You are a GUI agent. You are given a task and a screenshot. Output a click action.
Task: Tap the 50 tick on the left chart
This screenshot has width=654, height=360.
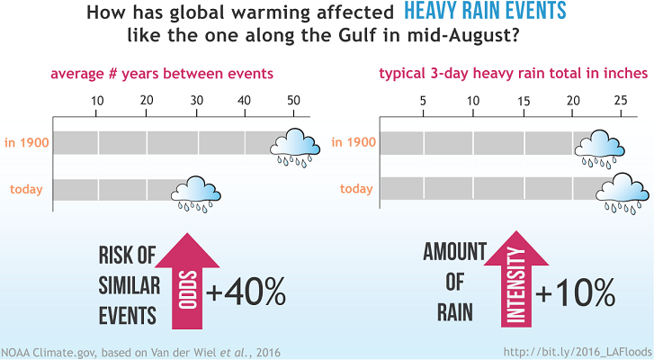(x=292, y=100)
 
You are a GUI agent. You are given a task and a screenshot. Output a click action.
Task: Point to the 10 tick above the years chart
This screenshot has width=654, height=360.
(x=98, y=100)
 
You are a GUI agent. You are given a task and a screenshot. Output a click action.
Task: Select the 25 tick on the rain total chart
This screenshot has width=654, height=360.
(x=620, y=100)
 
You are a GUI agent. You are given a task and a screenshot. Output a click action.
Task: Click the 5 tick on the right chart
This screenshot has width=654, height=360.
(x=423, y=100)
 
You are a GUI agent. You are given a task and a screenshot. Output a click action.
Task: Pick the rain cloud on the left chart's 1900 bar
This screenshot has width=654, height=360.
(x=295, y=146)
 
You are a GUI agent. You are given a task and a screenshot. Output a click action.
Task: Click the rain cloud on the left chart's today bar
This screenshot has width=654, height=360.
(x=196, y=192)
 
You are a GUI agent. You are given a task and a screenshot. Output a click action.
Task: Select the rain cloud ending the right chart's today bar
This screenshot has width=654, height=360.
(x=622, y=192)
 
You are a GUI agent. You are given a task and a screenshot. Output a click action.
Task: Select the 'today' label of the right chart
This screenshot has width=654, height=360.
(x=356, y=189)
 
